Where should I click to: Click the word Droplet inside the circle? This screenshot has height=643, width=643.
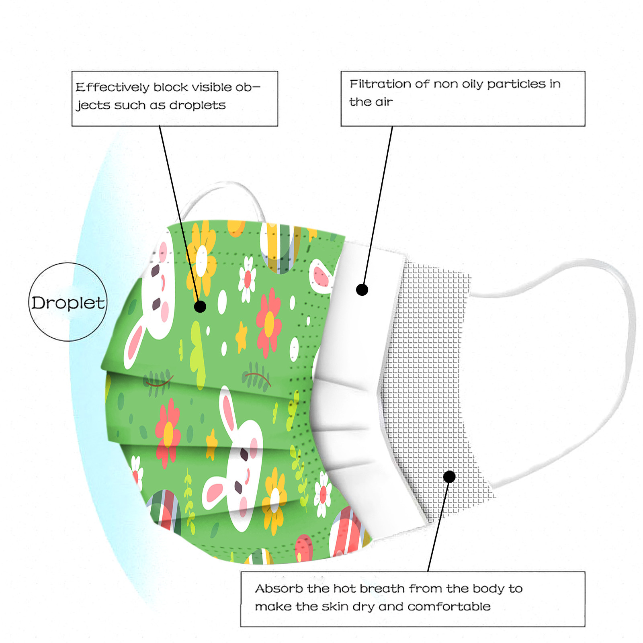pyautogui.click(x=68, y=303)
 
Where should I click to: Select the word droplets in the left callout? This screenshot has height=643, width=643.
pyautogui.click(x=197, y=105)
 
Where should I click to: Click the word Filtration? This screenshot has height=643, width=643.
pyautogui.click(x=379, y=84)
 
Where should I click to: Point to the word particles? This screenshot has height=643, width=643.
pyautogui.click(x=516, y=84)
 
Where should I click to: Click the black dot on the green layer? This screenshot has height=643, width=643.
pyautogui.click(x=200, y=307)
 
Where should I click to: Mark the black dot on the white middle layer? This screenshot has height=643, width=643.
pyautogui.click(x=362, y=289)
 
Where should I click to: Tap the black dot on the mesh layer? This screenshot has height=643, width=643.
pyautogui.click(x=449, y=477)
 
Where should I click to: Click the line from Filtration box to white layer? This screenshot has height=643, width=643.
pyautogui.click(x=378, y=205)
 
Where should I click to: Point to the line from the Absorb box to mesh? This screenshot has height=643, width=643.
pyautogui.click(x=438, y=526)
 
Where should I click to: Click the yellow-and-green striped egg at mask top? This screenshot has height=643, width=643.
pyautogui.click(x=280, y=247)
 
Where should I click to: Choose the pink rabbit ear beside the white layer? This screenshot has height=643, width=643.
pyautogui.click(x=321, y=275)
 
